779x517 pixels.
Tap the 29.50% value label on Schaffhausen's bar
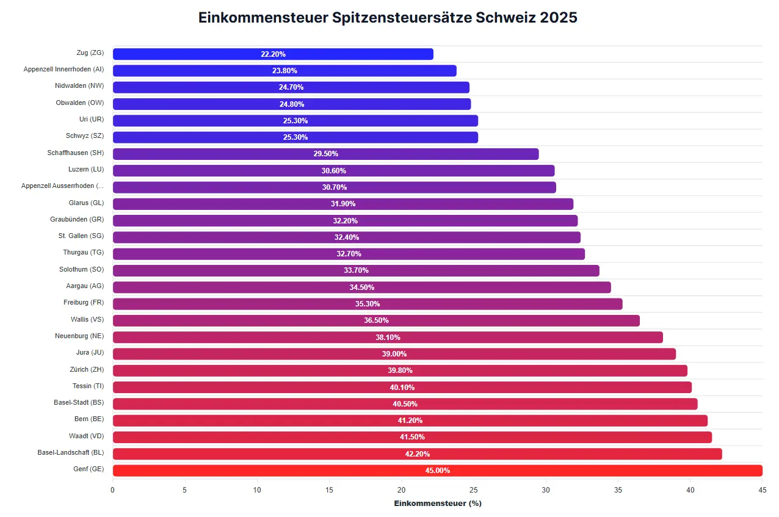[x=325, y=154]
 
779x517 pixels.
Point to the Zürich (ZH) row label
[x=87, y=370]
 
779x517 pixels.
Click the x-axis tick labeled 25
[x=474, y=490]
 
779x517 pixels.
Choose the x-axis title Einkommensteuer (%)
[x=437, y=504]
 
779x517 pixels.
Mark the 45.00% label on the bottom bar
[x=437, y=471]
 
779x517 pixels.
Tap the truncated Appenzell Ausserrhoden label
[x=62, y=186]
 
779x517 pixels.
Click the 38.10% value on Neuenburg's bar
[x=388, y=337]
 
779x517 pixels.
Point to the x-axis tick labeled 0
[x=113, y=490]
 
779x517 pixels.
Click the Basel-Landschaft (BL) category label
[x=70, y=453]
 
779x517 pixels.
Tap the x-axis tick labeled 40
[x=690, y=490]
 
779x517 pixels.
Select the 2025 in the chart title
[x=559, y=18]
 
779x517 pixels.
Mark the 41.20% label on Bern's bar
[x=410, y=421]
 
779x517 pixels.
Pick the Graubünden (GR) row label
[x=77, y=220]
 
